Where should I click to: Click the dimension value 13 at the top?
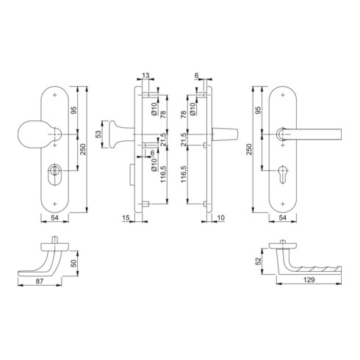[145, 75]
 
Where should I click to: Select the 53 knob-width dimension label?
[98, 134]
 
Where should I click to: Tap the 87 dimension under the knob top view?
[40, 281]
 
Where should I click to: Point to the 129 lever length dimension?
[309, 280]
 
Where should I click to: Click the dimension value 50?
[73, 263]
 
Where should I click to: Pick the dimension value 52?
[258, 262]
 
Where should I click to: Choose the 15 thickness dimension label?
[126, 217]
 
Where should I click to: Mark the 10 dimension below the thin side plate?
[220, 217]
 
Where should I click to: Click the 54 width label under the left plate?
[54, 217]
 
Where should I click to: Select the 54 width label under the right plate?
[282, 217]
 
